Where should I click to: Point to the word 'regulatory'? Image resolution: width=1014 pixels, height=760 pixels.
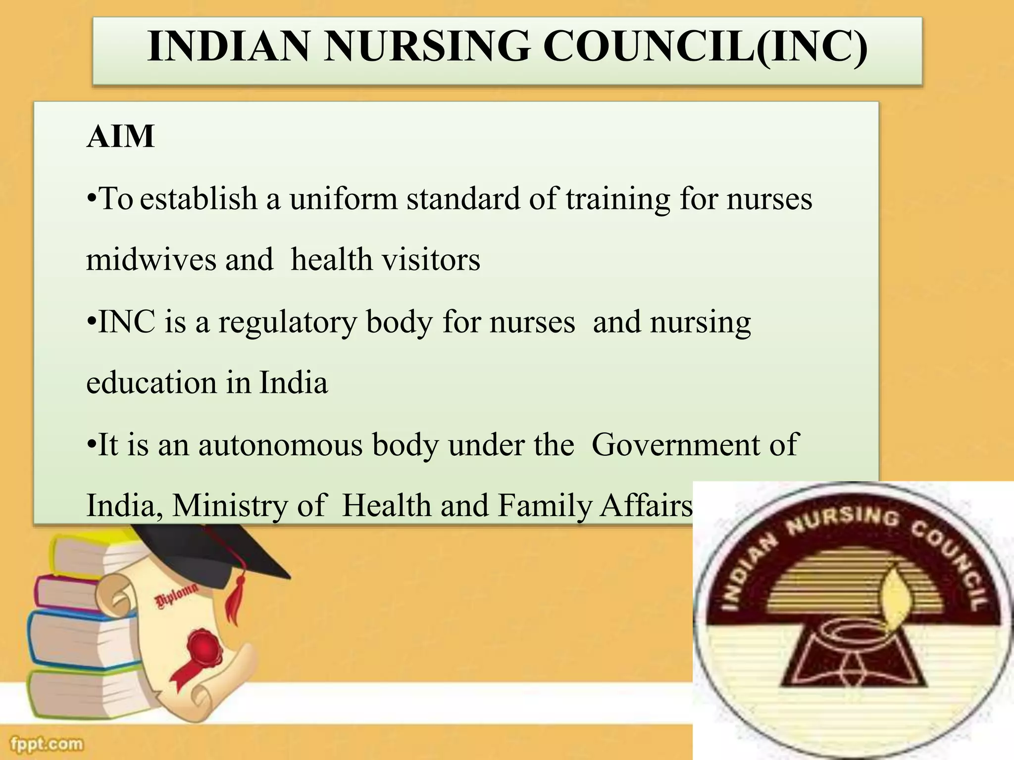[287, 323]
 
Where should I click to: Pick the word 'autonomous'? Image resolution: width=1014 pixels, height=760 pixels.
[281, 444]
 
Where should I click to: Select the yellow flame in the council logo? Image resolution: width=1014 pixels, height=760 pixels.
[897, 601]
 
